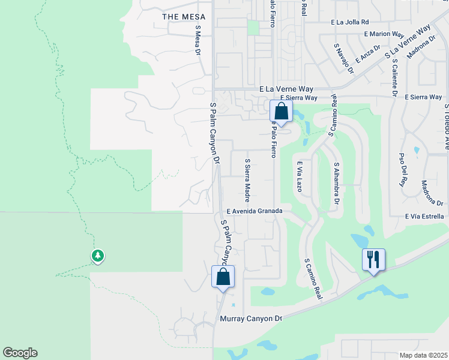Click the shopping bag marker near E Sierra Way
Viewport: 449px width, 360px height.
[281, 111]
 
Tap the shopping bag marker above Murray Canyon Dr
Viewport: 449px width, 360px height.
[223, 277]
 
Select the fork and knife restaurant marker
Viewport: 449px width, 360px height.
[373, 259]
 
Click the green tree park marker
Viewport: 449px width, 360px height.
[97, 256]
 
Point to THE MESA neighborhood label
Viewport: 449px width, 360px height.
[183, 17]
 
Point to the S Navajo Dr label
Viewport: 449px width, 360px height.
[344, 58]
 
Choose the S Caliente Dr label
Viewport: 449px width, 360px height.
[394, 77]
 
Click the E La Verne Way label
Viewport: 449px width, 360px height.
[286, 89]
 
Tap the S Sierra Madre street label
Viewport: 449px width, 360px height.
[247, 180]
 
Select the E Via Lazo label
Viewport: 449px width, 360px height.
[298, 176]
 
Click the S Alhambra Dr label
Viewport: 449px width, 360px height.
[337, 182]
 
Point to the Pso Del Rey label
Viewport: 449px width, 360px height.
[402, 168]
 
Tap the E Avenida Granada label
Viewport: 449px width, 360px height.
[259, 211]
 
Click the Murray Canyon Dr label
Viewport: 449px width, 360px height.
[251, 319]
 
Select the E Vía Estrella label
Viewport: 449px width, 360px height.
[424, 216]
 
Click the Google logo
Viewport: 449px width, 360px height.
[20, 353]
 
